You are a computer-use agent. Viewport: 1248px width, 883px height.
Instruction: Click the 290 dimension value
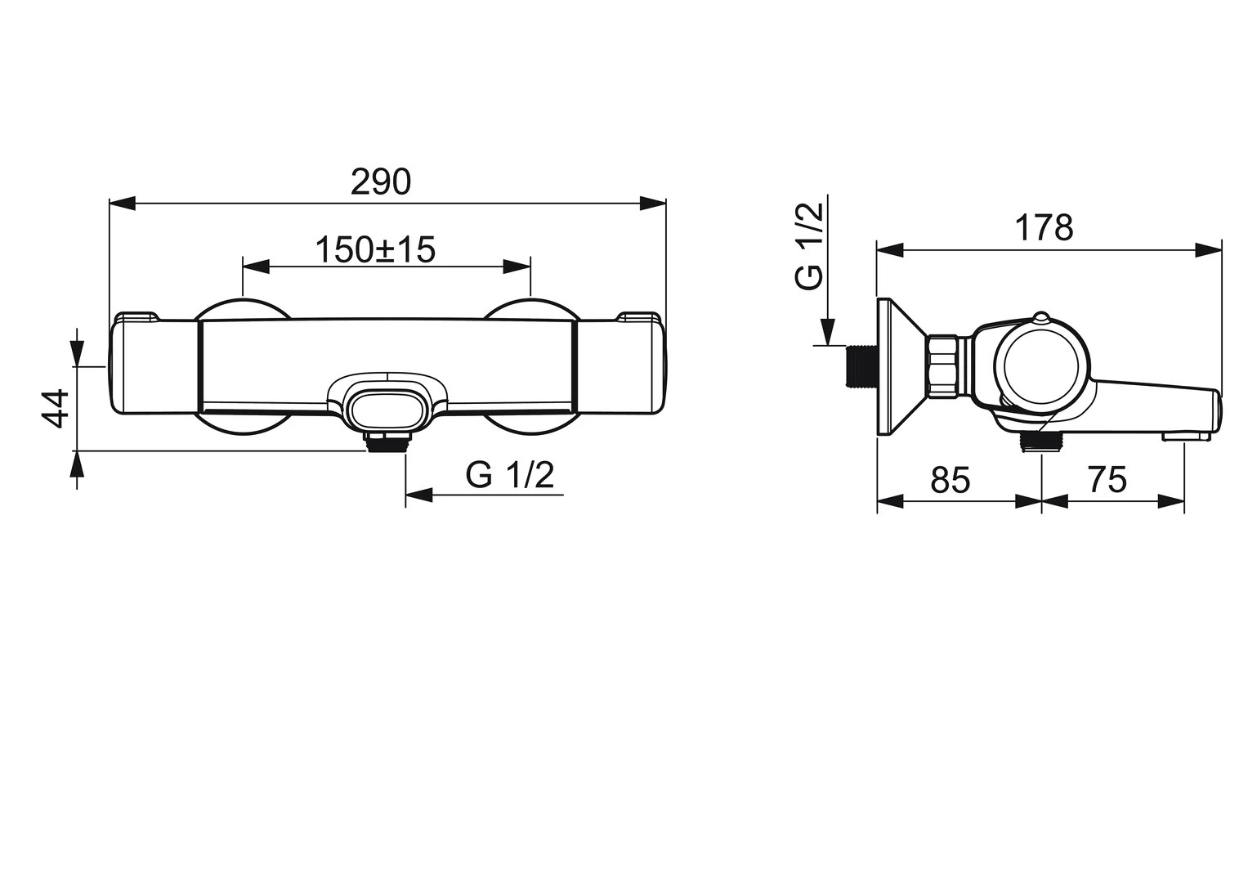[380, 182]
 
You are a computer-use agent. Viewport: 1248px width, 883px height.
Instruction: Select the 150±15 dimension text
[375, 250]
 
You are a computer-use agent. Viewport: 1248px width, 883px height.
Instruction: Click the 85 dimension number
[950, 480]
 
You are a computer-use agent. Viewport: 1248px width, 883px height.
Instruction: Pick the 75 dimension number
[1107, 480]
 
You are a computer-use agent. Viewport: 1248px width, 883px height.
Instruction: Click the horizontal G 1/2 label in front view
[510, 475]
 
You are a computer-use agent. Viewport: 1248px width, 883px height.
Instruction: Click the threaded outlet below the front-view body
[388, 443]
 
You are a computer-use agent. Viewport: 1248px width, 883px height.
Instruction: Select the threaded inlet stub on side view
[858, 365]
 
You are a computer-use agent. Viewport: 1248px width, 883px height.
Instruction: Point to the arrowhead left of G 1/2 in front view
[418, 495]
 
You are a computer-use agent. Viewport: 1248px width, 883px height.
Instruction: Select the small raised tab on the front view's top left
[137, 316]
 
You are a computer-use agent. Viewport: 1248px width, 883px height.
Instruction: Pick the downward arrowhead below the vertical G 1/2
[827, 332]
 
